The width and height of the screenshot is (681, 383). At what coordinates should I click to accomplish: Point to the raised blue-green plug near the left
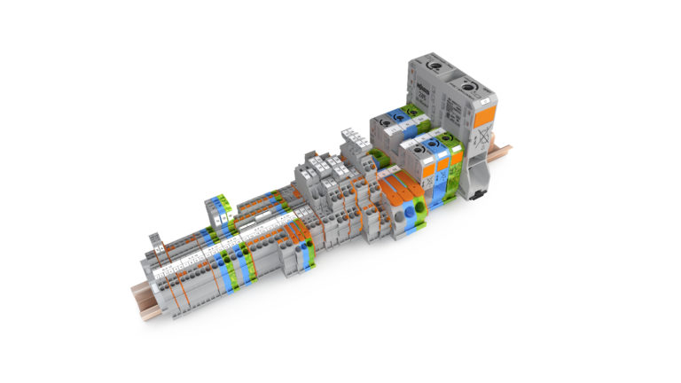pos(220,206)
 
